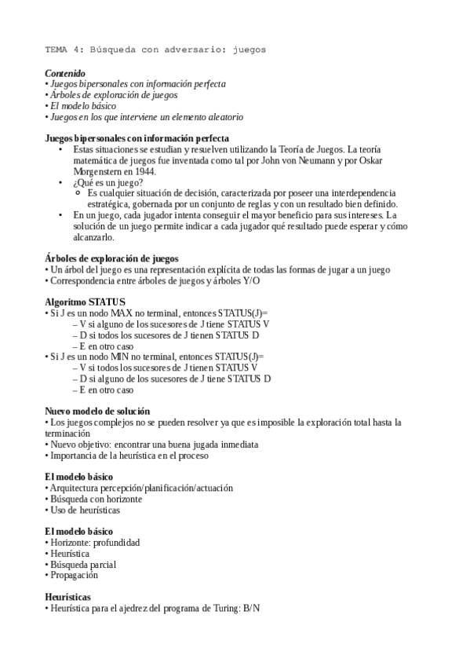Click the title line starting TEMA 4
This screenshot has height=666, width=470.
click(x=155, y=49)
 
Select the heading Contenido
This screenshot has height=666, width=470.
click(x=65, y=73)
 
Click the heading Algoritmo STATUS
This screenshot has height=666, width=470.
click(x=84, y=302)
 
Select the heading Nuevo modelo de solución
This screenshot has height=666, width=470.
click(x=97, y=411)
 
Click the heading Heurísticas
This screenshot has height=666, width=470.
click(x=67, y=597)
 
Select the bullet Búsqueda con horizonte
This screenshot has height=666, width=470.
click(x=95, y=499)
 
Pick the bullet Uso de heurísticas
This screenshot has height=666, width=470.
click(x=85, y=510)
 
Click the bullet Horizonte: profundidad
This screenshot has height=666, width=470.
click(x=94, y=543)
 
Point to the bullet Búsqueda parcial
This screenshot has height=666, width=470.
click(x=82, y=564)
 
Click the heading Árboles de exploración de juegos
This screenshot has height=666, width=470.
click(x=111, y=258)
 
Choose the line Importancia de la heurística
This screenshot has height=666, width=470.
click(x=129, y=455)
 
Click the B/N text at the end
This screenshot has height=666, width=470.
click(x=252, y=609)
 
